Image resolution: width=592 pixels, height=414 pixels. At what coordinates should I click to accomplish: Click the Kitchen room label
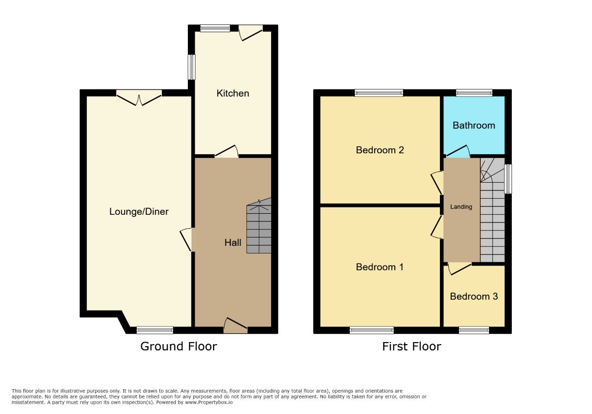pyautogui.click(x=232, y=93)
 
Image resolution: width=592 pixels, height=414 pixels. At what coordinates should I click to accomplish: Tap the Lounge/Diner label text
pyautogui.click(x=139, y=211)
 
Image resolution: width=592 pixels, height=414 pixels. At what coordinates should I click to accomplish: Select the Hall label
pyautogui.click(x=232, y=243)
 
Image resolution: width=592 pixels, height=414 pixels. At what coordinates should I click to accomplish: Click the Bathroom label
pyautogui.click(x=474, y=125)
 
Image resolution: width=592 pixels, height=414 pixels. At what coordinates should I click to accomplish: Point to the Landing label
pyautogui.click(x=461, y=207)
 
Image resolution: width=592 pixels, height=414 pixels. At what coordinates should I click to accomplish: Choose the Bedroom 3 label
pyautogui.click(x=474, y=296)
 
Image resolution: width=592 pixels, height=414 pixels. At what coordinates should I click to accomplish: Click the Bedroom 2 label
pyautogui.click(x=380, y=150)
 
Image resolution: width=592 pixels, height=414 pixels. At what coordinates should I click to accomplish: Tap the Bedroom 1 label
pyautogui.click(x=380, y=267)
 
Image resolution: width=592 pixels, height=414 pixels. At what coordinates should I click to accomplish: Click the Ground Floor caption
pyautogui.click(x=179, y=346)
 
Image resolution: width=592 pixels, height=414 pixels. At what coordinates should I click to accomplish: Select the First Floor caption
pyautogui.click(x=411, y=346)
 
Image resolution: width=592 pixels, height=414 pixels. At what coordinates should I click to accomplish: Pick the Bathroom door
pyautogui.click(x=458, y=151)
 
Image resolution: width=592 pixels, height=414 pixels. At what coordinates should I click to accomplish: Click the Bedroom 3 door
pyautogui.click(x=460, y=268)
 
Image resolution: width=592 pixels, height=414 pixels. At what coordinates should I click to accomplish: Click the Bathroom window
pyautogui.click(x=474, y=93)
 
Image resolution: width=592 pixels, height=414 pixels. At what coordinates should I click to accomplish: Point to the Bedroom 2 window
pyautogui.click(x=379, y=93)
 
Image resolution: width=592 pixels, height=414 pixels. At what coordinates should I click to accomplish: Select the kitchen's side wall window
pyautogui.click(x=192, y=67)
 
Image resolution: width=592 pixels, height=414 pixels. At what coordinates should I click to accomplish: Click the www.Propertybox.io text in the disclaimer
pyautogui.click(x=209, y=403)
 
